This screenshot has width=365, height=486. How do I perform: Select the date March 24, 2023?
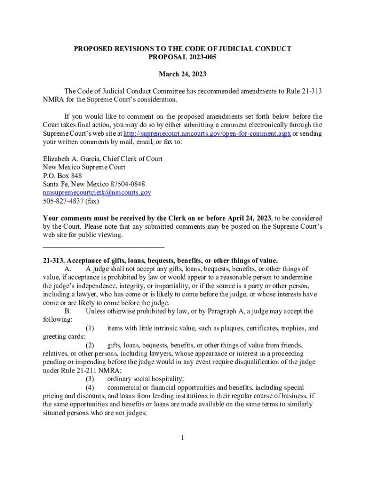[x=182, y=75]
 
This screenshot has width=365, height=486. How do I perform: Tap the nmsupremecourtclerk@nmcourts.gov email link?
[x=97, y=193]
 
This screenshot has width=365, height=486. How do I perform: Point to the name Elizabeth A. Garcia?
[x=71, y=159]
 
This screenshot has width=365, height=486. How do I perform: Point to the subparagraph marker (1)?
[x=90, y=328]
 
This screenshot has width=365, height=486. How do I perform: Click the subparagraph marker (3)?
[x=90, y=379]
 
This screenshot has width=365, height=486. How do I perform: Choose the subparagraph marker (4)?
[x=90, y=388]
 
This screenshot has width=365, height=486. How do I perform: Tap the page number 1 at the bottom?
[x=182, y=438]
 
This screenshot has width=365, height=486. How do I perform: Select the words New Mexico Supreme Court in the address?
[x=84, y=167]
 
